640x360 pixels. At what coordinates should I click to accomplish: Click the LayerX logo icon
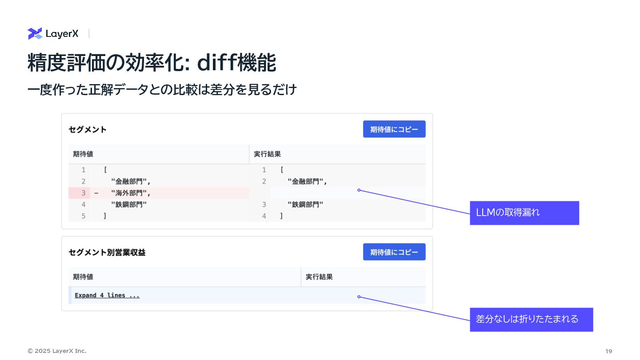coord(35,33)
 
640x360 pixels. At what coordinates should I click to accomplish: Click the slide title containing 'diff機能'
coord(152,63)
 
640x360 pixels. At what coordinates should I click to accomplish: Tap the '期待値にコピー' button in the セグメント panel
coord(394,129)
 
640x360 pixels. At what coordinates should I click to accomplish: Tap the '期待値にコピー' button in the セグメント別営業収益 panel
coord(394,252)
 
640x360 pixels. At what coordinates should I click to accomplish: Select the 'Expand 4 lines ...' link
coord(107,296)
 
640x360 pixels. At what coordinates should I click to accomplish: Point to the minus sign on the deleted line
coord(96,193)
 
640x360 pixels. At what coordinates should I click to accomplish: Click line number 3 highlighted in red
coord(83,193)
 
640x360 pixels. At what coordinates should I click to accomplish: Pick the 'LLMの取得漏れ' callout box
coord(524,213)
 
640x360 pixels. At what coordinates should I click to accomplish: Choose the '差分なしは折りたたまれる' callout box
coord(531,319)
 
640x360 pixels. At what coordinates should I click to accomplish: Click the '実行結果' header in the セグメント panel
coord(267,154)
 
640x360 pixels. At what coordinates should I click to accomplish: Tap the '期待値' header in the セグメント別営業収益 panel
coord(83,277)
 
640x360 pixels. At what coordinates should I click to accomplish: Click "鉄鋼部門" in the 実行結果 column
coord(305,204)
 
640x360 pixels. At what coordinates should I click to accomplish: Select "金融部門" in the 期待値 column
coord(131,181)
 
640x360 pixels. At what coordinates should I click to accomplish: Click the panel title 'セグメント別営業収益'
coord(107,252)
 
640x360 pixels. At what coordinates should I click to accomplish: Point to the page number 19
coord(608,351)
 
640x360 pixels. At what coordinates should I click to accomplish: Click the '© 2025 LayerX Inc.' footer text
coord(57,351)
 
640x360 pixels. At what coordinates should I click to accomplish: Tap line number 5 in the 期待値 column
coord(83,216)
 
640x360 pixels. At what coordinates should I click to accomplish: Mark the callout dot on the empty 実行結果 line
coord(359,190)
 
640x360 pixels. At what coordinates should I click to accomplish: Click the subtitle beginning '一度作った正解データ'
coord(162,90)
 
